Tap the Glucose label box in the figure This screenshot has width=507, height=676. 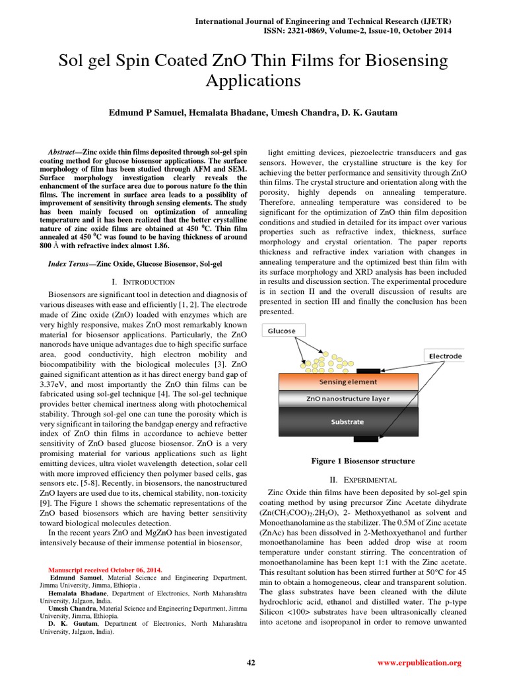click(282, 331)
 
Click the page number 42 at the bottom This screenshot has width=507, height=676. click(250, 663)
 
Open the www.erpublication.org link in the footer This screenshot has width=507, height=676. click(419, 663)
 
